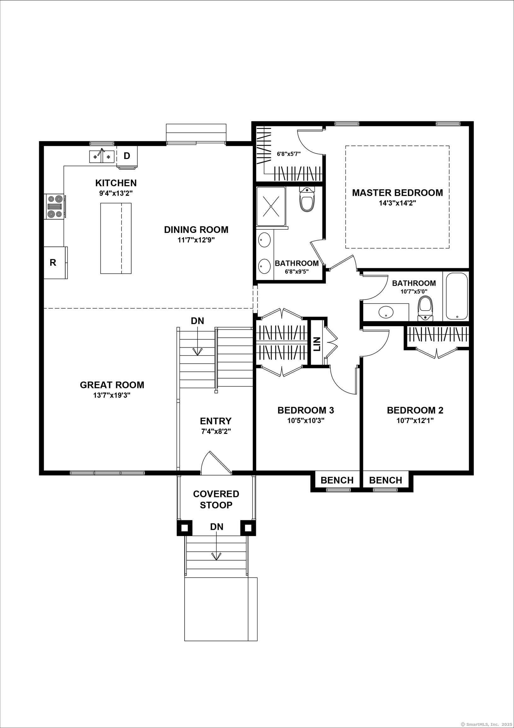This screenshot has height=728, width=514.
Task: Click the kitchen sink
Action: tap(102, 156)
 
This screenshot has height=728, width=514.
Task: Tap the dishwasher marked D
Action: tap(127, 156)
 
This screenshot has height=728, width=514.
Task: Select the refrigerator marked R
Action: tap(53, 263)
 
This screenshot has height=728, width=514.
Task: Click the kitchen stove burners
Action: tap(55, 206)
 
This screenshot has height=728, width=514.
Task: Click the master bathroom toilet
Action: tap(307, 199)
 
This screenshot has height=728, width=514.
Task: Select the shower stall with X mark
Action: tap(271, 206)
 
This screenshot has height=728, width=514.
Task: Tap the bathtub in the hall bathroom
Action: tap(457, 296)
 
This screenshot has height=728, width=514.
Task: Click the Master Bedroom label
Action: tap(398, 192)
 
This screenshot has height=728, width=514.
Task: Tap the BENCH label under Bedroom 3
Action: tap(337, 480)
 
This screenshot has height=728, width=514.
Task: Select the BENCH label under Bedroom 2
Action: tap(385, 480)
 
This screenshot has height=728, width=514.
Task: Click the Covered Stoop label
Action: tap(216, 499)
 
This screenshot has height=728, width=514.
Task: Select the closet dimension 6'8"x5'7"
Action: tap(288, 154)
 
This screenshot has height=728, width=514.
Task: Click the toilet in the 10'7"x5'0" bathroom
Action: tap(425, 309)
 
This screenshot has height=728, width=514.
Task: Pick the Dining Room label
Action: tap(196, 230)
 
